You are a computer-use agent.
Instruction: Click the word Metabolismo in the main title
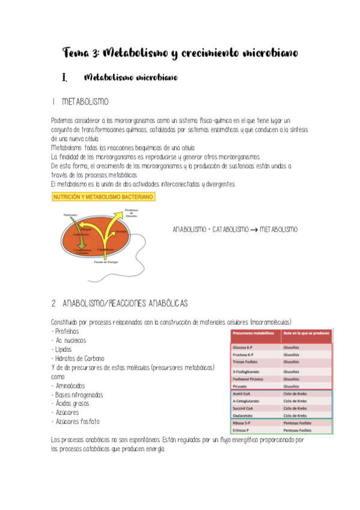tap(132, 54)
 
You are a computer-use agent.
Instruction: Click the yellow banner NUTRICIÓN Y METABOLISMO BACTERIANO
tap(104, 197)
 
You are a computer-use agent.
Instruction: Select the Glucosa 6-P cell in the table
tap(246, 347)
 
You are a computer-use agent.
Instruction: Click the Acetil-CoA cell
tap(244, 393)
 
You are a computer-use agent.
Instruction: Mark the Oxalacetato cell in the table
tap(246, 415)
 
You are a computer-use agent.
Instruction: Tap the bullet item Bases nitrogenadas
tap(78, 395)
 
